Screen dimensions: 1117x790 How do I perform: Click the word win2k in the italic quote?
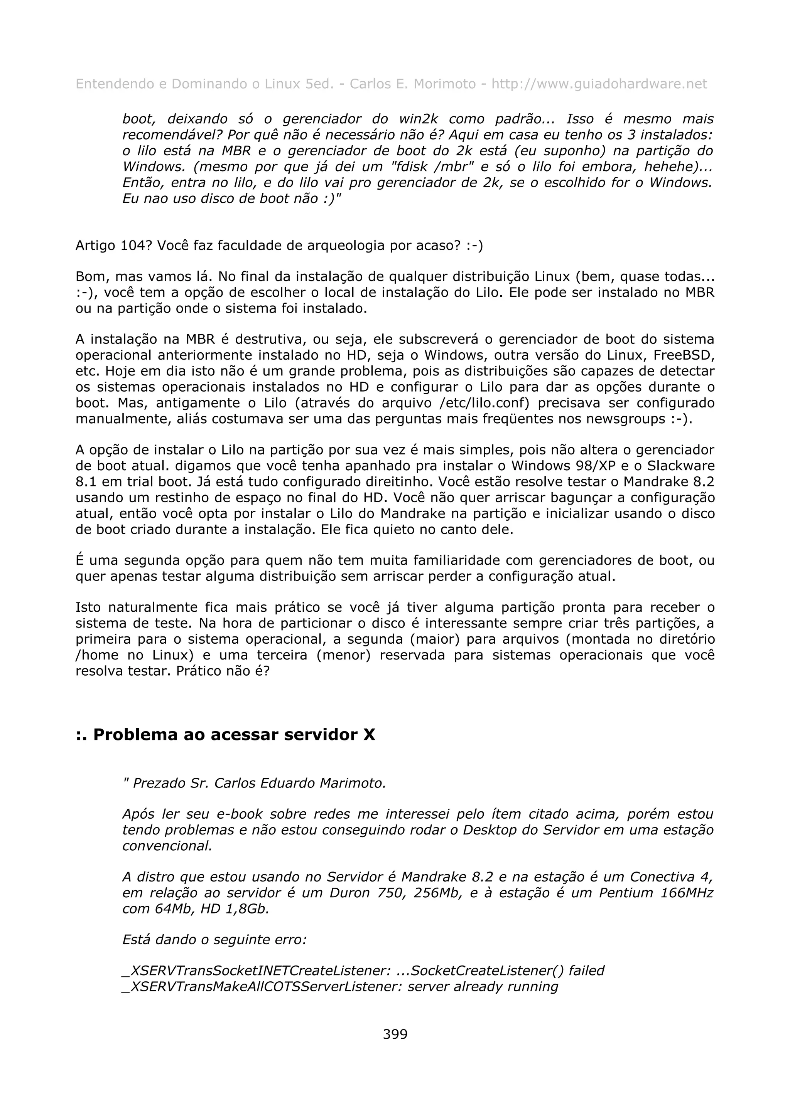(x=419, y=119)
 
